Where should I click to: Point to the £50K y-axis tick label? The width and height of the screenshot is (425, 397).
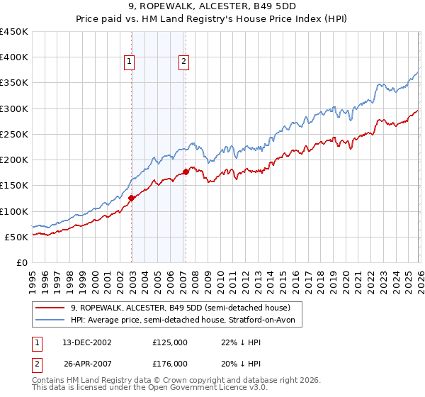[x=16, y=237]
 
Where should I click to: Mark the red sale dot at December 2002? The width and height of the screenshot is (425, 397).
[x=132, y=198]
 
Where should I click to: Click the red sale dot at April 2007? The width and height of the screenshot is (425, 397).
[x=186, y=172]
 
